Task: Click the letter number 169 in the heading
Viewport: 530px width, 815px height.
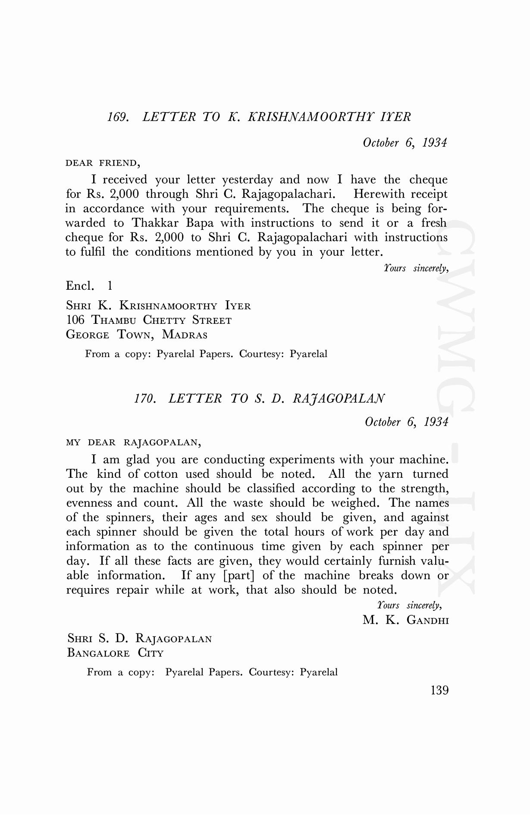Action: click(x=117, y=117)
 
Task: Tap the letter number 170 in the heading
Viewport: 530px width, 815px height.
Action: click(x=144, y=398)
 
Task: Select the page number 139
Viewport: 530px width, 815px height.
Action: click(x=439, y=690)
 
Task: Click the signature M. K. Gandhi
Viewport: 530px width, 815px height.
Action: click(x=405, y=620)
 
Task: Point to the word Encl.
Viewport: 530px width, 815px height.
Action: click(x=80, y=285)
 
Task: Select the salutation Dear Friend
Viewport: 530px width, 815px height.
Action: click(x=103, y=163)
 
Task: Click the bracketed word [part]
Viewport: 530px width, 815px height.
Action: click(x=239, y=576)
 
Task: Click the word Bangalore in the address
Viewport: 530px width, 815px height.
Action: click(x=98, y=653)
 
